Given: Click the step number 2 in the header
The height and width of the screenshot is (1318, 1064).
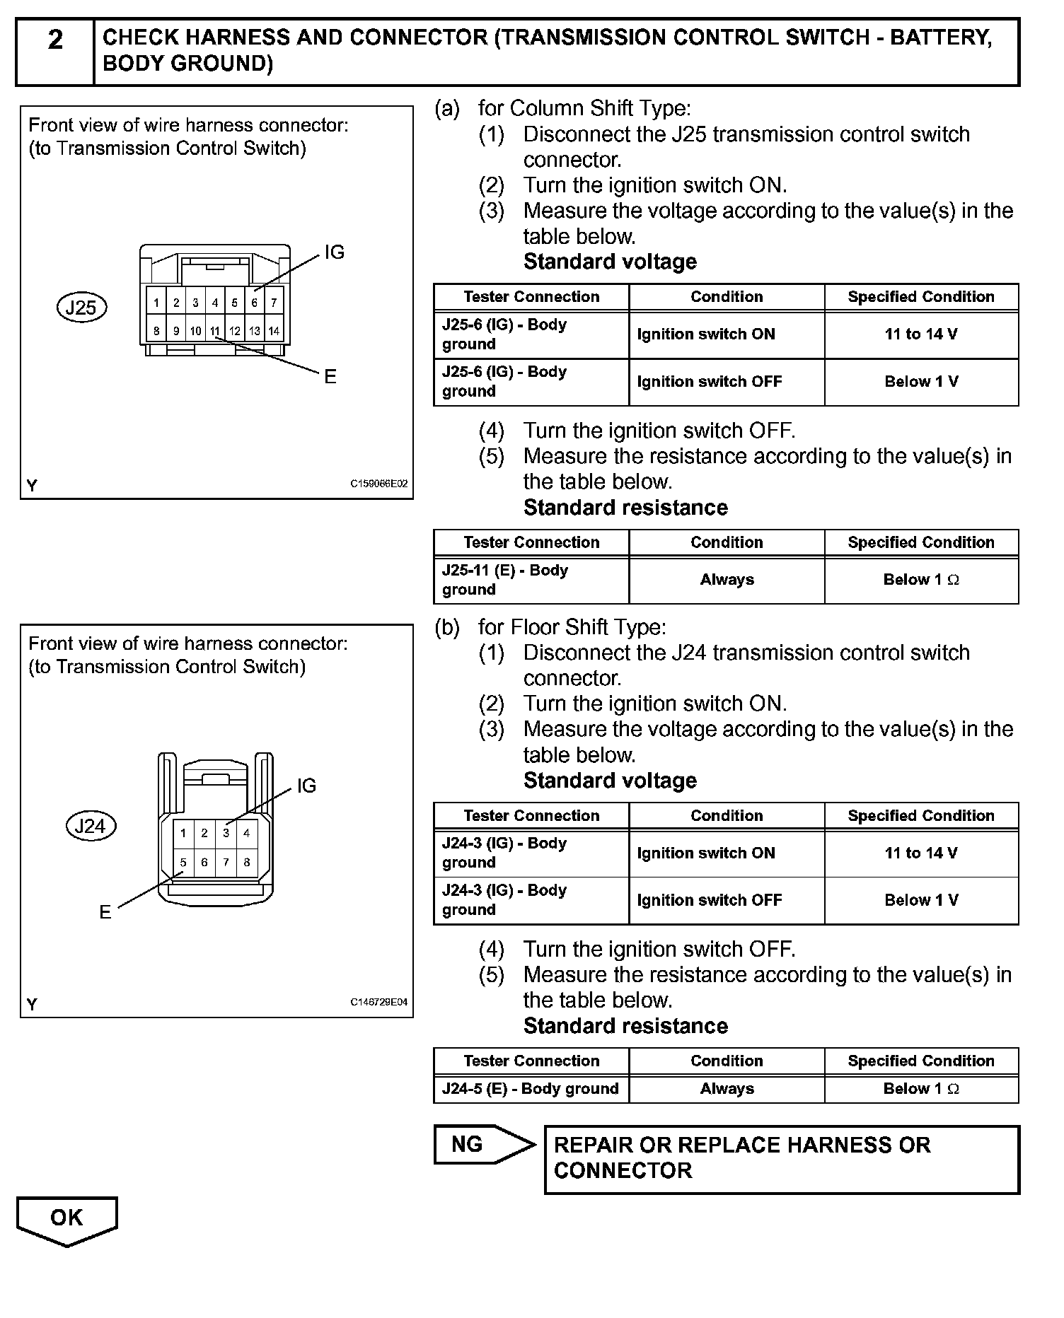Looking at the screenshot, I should coord(55,40).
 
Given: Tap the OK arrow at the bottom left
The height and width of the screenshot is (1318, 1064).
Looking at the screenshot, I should coord(66,1218).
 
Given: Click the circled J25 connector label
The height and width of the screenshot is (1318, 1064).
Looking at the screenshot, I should coord(81,308).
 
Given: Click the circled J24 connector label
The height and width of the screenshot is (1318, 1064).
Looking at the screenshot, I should coord(90,826).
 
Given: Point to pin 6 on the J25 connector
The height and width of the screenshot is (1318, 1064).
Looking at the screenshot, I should coord(254,303).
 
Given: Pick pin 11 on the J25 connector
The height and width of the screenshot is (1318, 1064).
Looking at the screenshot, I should coord(215,330).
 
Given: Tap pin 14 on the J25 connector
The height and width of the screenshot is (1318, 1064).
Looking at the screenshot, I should coord(274,330).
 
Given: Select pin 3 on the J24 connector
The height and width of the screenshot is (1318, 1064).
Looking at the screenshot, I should coord(226,833).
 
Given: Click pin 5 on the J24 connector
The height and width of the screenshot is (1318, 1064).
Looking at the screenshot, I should coord(183,862).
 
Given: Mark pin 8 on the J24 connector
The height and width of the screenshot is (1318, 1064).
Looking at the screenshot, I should coord(246,862).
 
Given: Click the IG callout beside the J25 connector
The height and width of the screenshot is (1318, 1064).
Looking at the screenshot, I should coord(334,252).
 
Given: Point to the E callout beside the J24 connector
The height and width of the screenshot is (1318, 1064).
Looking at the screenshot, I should coord(105,912).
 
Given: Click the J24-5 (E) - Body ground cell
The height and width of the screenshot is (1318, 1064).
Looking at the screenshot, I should coord(531,1089).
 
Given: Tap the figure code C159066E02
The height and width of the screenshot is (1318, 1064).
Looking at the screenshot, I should coord(378,484).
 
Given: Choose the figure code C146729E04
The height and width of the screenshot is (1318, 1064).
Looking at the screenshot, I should coord(378,1002).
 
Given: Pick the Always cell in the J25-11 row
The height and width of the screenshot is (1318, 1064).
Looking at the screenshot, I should coord(727,580).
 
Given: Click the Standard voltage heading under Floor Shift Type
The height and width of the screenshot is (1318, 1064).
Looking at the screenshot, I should coord(610,781).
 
